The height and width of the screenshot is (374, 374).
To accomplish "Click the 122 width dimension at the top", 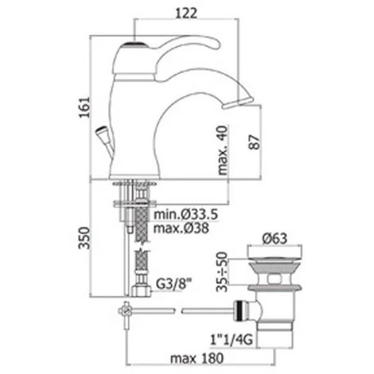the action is point(186,14).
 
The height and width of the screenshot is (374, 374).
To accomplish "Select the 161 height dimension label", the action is point(84,107).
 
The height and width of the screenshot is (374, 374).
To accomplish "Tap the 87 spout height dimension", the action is point(255,142).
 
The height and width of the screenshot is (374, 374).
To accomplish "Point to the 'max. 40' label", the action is point(223,150).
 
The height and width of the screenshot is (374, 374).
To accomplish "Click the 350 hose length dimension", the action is point(84,238).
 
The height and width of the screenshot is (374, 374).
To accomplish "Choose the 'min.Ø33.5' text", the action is point(186,214).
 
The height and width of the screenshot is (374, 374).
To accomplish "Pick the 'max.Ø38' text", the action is point(181,228).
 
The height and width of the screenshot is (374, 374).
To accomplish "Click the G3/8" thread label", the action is point(173,285).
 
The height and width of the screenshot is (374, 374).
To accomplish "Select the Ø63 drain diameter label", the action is point(275,239).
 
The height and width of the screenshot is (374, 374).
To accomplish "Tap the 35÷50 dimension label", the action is point(222,271).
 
